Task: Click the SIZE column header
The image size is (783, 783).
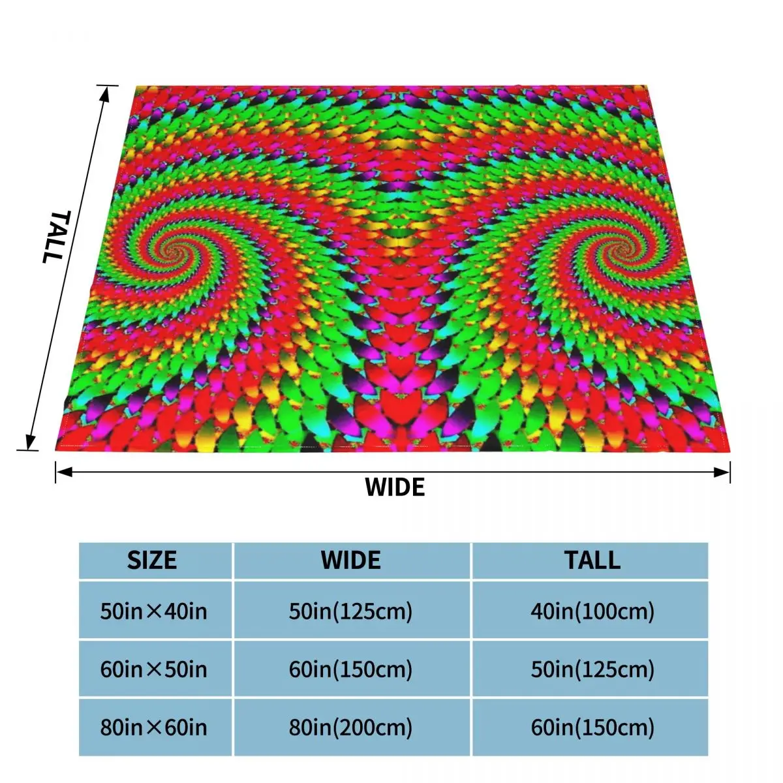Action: click(x=152, y=560)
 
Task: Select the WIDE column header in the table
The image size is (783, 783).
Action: click(x=351, y=560)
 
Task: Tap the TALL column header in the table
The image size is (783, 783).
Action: click(x=592, y=560)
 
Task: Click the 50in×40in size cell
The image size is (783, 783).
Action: click(x=153, y=611)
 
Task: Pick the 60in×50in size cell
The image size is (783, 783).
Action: click(x=153, y=669)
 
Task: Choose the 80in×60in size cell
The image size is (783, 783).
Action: click(x=153, y=728)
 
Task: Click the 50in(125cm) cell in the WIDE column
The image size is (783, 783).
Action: click(x=351, y=611)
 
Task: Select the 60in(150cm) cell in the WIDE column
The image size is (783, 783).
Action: click(x=351, y=669)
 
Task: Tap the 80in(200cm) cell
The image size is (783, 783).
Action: click(x=351, y=728)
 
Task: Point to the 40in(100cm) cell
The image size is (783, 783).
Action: click(x=592, y=611)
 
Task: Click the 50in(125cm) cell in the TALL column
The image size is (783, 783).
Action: click(x=592, y=669)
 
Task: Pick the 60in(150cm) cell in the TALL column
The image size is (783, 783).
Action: click(x=592, y=728)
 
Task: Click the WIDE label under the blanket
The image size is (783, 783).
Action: click(x=395, y=487)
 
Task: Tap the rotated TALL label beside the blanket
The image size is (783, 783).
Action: click(x=54, y=236)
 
